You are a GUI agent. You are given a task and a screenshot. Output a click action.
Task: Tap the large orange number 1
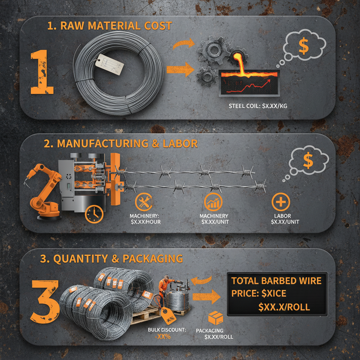click(x=42, y=72)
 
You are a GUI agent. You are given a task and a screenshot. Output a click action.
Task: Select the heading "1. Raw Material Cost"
click(x=110, y=26)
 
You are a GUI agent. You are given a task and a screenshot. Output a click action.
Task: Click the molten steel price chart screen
click(x=249, y=83)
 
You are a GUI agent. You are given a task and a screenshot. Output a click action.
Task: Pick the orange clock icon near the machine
click(x=94, y=214)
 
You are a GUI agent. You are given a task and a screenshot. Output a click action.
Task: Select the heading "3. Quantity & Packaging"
click(x=111, y=259)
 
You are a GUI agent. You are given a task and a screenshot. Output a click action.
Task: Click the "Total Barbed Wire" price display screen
click(x=277, y=294)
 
